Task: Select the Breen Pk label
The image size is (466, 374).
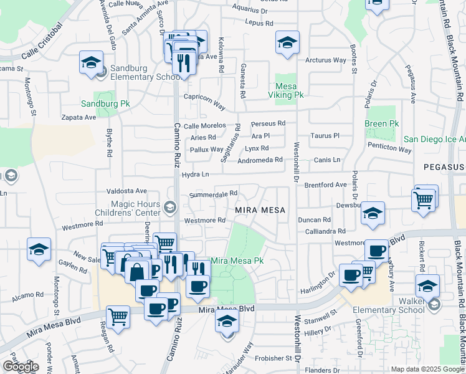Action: pos(381,124)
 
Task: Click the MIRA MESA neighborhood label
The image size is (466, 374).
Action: pos(260,210)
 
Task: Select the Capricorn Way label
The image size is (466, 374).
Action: pos(204,97)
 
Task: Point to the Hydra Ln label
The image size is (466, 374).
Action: pos(195,175)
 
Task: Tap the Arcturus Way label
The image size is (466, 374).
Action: pos(325,60)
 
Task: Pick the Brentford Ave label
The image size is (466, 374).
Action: pos(325,185)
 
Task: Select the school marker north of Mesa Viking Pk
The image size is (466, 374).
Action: pos(287,43)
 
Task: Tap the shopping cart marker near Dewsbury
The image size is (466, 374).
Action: pos(424,199)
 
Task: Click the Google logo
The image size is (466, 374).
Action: pos(21,367)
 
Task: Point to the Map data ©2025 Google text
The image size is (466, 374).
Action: pos(428,369)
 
